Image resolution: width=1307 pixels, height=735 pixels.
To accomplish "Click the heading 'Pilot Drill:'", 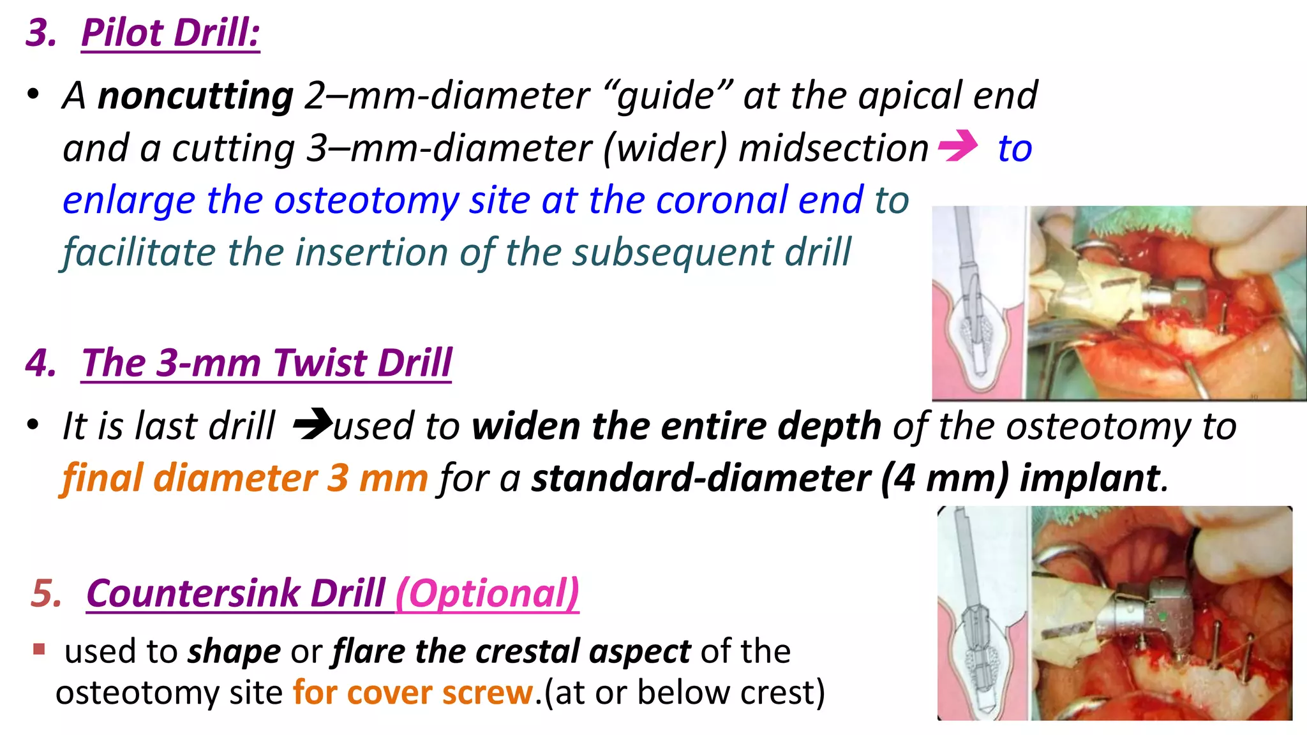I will (x=170, y=33).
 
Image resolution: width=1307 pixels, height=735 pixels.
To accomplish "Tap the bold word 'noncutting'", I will (x=195, y=96).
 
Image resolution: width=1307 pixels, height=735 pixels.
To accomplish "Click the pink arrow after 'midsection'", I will (x=958, y=146).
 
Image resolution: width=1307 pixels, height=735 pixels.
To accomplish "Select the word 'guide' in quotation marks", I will (x=666, y=96).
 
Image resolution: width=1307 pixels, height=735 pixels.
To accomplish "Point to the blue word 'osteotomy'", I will (x=366, y=201).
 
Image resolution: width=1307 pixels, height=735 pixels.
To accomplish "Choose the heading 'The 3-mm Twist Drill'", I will (x=267, y=364).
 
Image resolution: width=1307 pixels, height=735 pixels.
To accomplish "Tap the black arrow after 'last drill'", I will (x=312, y=424).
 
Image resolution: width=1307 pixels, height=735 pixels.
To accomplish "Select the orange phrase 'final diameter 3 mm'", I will (x=244, y=479).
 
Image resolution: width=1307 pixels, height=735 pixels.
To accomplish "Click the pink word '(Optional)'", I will (x=488, y=593).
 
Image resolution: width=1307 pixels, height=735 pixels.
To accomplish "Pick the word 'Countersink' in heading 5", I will (x=193, y=593).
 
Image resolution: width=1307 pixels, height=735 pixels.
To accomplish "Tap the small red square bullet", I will (x=40, y=650).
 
